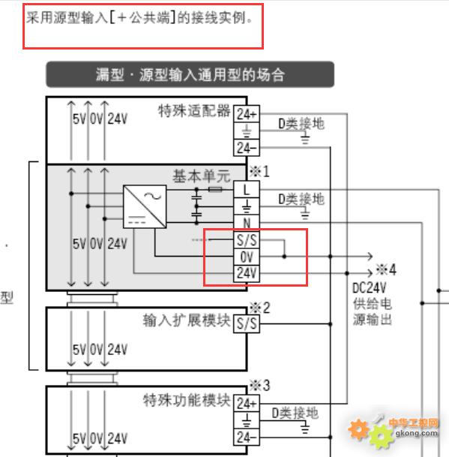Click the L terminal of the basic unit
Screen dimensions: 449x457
tap(247, 190)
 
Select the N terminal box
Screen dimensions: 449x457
tap(247, 224)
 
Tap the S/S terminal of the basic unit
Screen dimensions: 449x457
tap(247, 240)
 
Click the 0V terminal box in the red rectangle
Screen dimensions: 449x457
tap(247, 257)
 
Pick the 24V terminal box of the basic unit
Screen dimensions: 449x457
tap(247, 274)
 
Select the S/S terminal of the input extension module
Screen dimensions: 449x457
tap(247, 324)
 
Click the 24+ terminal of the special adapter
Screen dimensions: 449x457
tap(247, 114)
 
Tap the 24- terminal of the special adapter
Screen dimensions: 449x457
tap(247, 148)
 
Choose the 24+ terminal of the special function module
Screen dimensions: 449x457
tap(247, 404)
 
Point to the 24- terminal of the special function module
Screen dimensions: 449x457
tap(247, 437)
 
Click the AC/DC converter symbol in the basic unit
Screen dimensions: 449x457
tap(145, 206)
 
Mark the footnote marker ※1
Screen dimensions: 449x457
tap(259, 171)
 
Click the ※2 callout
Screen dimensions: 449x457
tap(260, 308)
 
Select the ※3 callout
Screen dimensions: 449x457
tap(260, 385)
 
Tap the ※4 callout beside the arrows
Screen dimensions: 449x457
tap(386, 269)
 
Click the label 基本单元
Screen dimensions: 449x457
tap(201, 176)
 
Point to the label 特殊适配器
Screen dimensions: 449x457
tap(194, 111)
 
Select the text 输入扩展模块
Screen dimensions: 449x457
tap(187, 320)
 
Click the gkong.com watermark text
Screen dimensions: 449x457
tap(416, 433)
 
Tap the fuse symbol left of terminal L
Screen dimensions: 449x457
tap(215, 190)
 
